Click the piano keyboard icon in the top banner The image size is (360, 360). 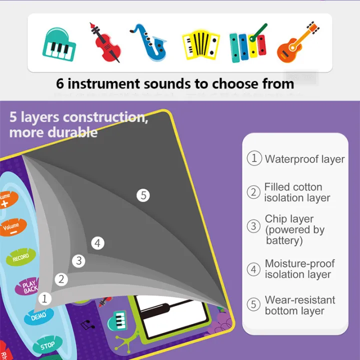tap(58, 43)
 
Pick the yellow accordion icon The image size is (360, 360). tap(200, 43)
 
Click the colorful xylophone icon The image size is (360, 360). tap(247, 42)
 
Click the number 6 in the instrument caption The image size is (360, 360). tap(60, 83)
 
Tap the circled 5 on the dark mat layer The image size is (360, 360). tap(143, 195)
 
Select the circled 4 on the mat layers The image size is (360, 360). tap(98, 243)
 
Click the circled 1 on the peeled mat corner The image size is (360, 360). tap(45, 299)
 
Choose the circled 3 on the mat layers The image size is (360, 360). tap(78, 260)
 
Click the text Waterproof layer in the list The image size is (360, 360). tap(304, 159)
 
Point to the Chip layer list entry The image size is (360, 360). tap(294, 229)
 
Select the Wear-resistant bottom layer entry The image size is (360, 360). tap(299, 305)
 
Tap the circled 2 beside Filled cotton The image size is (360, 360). tap(254, 192)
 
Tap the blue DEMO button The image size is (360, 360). tap(38, 316)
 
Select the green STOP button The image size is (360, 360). tap(47, 345)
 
